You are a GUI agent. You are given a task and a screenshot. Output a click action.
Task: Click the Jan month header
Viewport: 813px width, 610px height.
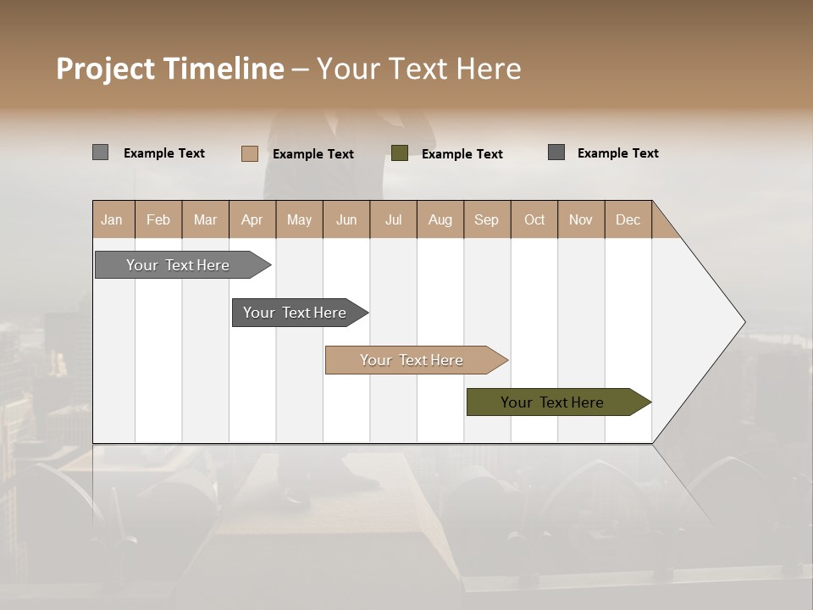tap(113, 219)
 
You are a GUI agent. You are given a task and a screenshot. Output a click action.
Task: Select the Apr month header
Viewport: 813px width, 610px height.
tap(252, 219)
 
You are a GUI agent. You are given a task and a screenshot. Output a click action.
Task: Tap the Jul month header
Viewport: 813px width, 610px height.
tap(393, 219)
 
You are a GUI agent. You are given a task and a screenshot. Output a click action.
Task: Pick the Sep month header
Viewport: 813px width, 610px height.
tap(487, 219)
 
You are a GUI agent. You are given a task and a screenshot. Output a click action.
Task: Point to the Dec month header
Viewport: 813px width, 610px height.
tap(628, 219)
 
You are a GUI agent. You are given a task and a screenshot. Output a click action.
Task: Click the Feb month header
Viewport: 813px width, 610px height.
tap(158, 219)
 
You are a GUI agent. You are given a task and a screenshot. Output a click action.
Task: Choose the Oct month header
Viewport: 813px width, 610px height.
tap(534, 219)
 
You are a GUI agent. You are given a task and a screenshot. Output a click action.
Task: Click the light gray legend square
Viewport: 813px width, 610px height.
tap(100, 152)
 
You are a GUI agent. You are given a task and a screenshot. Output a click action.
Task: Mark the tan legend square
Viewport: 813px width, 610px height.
tap(249, 153)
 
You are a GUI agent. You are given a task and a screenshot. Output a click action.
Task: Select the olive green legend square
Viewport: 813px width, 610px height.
tap(400, 153)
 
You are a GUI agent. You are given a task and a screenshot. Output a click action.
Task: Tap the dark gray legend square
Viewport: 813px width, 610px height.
tap(556, 152)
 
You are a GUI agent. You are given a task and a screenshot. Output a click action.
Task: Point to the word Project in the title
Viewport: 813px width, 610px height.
tap(106, 69)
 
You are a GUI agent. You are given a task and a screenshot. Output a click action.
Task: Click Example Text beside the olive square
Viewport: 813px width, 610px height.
tap(462, 154)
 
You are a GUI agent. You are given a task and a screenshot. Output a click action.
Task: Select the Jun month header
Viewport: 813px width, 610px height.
tap(346, 219)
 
